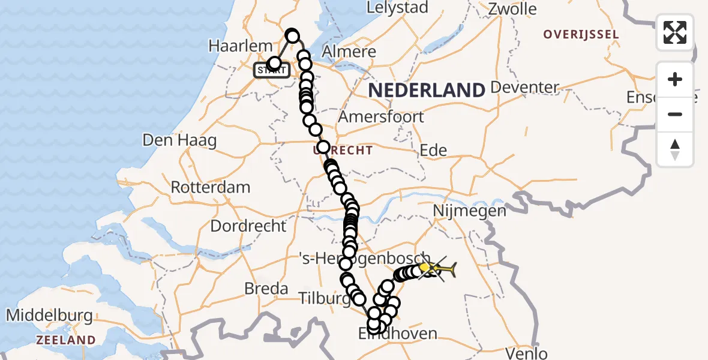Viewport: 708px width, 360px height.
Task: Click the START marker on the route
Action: (x=272, y=70)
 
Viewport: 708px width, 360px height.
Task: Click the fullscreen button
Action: (x=674, y=32)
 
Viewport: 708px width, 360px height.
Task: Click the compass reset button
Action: (x=674, y=149)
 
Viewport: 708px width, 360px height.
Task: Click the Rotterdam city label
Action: (x=211, y=187)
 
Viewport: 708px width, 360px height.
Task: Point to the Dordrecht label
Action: (x=248, y=226)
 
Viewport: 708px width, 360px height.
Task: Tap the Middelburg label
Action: (x=49, y=315)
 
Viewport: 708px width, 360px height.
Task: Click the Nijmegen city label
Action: (x=470, y=211)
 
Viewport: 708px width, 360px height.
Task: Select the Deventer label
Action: (x=525, y=88)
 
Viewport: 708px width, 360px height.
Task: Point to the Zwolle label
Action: (x=512, y=9)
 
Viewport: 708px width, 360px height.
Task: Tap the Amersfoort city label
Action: (x=381, y=116)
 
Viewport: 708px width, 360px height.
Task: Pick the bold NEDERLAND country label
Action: (x=426, y=91)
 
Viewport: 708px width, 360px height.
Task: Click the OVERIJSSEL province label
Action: (x=580, y=34)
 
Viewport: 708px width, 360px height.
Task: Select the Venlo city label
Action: (x=526, y=353)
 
